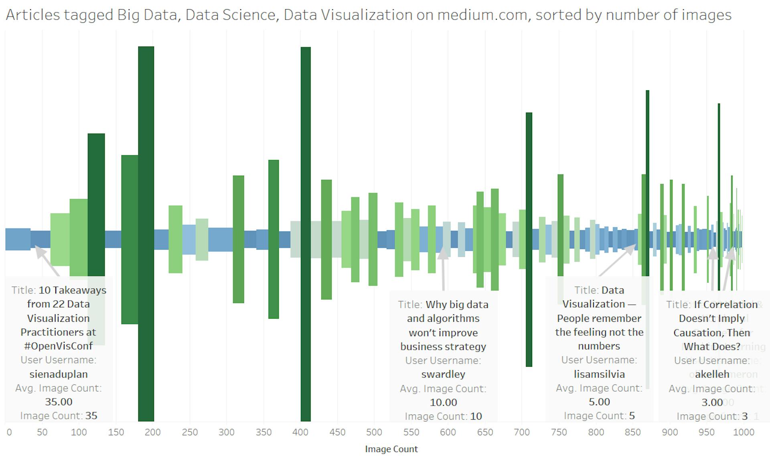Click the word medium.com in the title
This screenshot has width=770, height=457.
482,15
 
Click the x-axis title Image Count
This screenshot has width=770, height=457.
391,449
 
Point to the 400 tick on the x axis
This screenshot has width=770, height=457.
300,432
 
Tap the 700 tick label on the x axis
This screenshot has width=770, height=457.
522,432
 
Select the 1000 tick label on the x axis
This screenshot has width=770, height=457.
744,432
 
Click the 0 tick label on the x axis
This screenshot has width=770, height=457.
9,432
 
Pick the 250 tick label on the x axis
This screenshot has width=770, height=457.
190,432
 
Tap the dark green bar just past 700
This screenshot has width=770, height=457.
529,181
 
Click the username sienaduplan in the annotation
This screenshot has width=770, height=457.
59,374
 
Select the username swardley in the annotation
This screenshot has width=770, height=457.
443,374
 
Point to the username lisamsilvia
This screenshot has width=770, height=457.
599,374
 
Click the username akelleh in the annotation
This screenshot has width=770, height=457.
712,374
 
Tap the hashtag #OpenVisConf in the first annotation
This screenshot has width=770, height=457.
59,346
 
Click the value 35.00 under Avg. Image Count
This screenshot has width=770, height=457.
59,402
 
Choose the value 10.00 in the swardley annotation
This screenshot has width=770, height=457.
443,402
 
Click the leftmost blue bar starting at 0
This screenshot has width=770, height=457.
18,239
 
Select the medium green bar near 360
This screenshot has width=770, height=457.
274,201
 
